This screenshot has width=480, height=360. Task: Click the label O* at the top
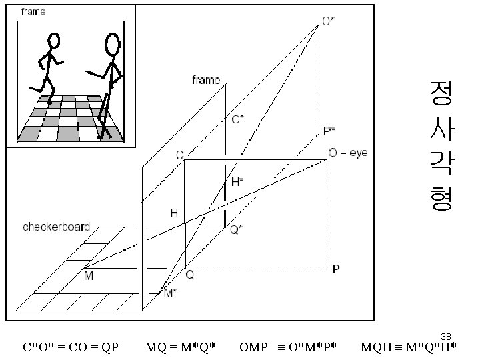tap(329, 21)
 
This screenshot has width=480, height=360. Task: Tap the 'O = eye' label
tap(348, 153)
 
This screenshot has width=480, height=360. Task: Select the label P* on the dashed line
tap(329, 131)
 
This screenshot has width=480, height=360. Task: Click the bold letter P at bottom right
tap(336, 270)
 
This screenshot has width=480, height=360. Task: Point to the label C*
tap(237, 119)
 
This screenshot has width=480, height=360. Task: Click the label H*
tap(237, 181)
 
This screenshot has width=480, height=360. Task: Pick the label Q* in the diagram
tap(236, 230)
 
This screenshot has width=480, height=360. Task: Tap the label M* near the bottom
tap(171, 293)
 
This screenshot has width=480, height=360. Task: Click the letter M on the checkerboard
tap(88, 275)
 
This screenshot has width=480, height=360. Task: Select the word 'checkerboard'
tap(56, 227)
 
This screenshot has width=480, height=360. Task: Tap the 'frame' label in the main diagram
tap(206, 80)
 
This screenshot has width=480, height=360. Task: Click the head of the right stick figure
tap(113, 45)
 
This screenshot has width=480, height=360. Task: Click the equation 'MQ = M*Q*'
tap(180, 347)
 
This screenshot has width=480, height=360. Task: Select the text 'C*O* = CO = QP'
tap(71, 347)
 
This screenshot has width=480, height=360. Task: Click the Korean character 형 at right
tap(441, 198)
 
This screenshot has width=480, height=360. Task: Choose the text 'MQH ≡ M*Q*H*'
tap(408, 347)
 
